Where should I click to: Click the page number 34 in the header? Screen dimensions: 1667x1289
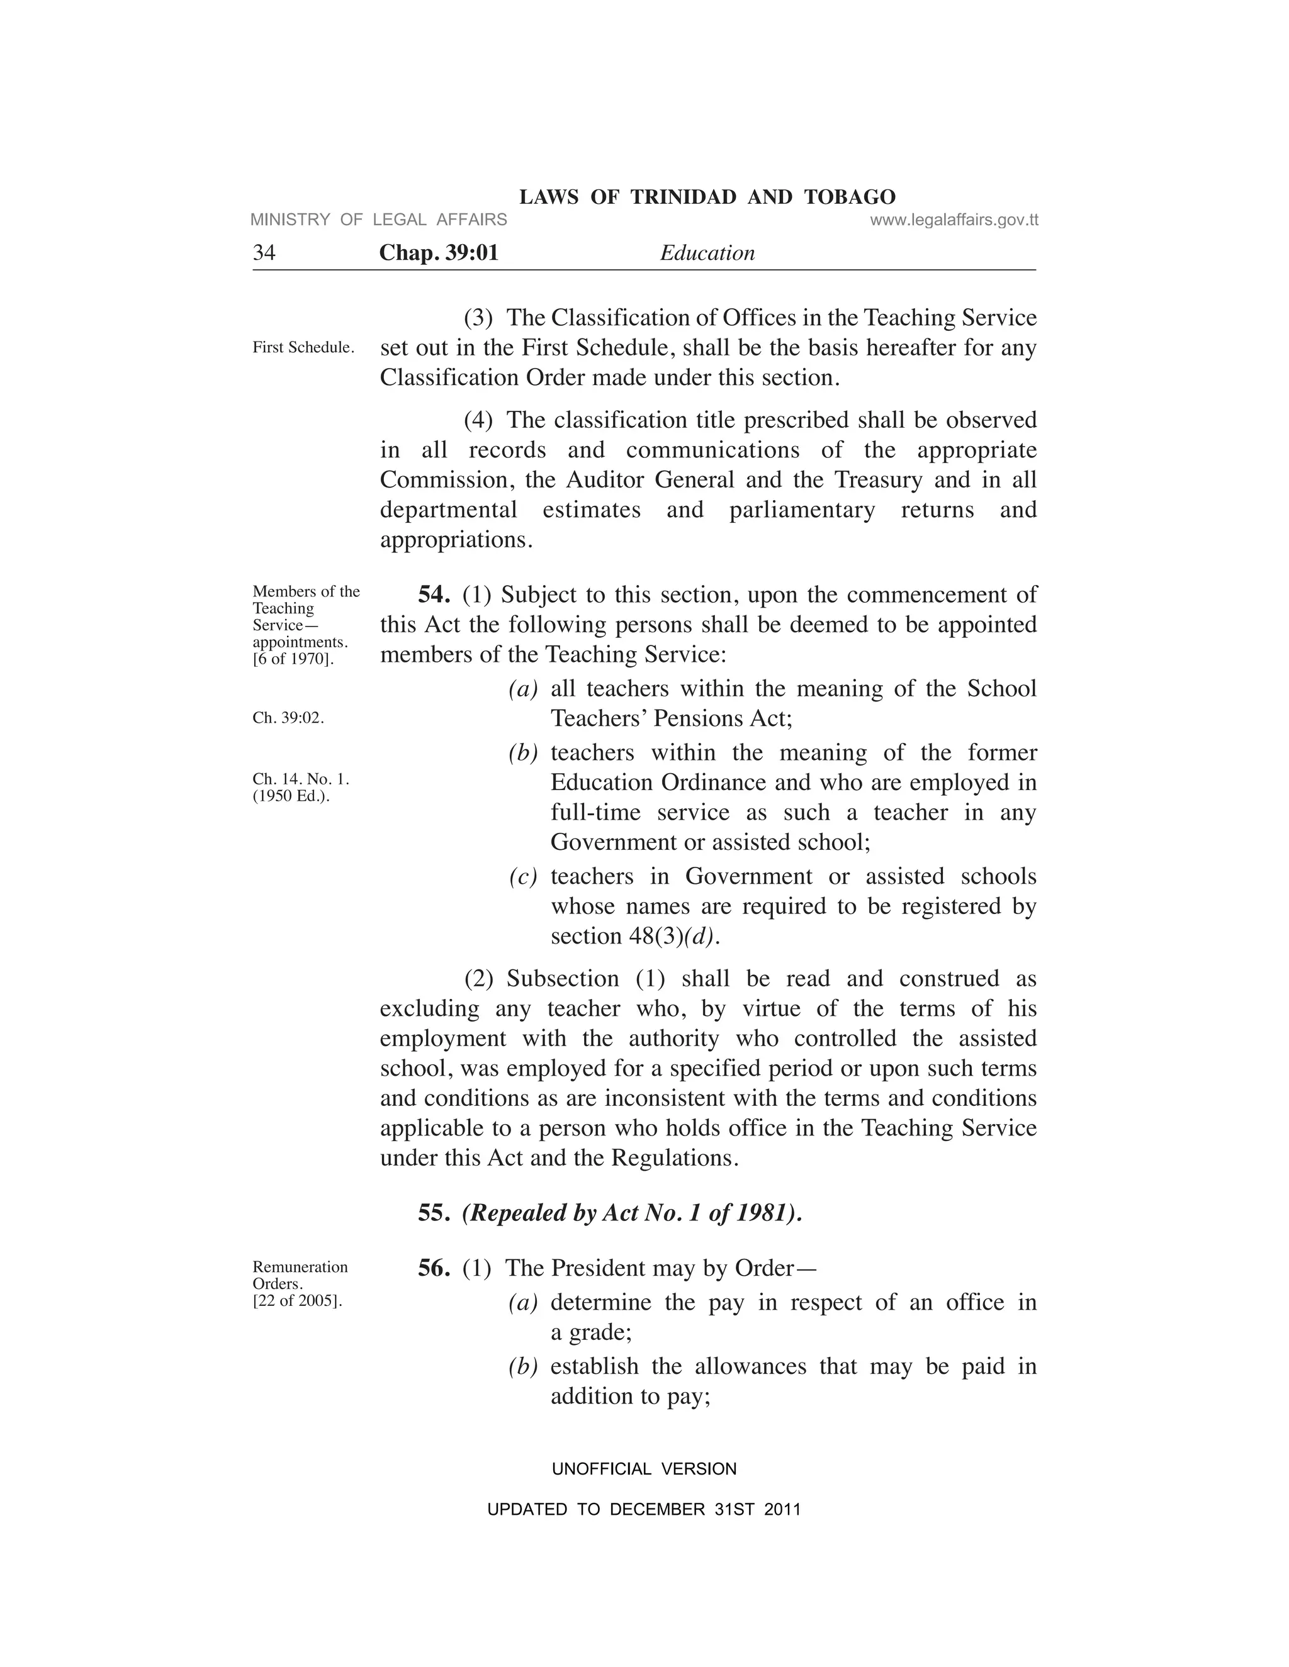coord(264,253)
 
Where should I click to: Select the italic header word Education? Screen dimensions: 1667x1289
coord(707,253)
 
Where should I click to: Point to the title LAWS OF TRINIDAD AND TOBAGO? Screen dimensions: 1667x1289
coord(707,197)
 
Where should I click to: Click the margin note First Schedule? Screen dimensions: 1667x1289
coord(303,347)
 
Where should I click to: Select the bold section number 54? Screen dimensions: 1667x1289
coord(433,594)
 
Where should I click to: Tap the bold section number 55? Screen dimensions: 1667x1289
coord(433,1213)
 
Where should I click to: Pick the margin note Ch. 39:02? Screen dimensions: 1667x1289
coord(288,718)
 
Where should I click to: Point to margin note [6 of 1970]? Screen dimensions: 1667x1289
coord(293,659)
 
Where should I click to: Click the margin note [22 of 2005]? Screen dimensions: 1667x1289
coord(297,1301)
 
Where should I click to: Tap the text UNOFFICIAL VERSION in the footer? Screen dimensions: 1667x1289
coord(644,1469)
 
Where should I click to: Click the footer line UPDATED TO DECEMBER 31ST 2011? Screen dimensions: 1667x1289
coord(644,1509)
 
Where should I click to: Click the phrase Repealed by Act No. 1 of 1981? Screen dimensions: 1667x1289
coord(631,1213)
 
